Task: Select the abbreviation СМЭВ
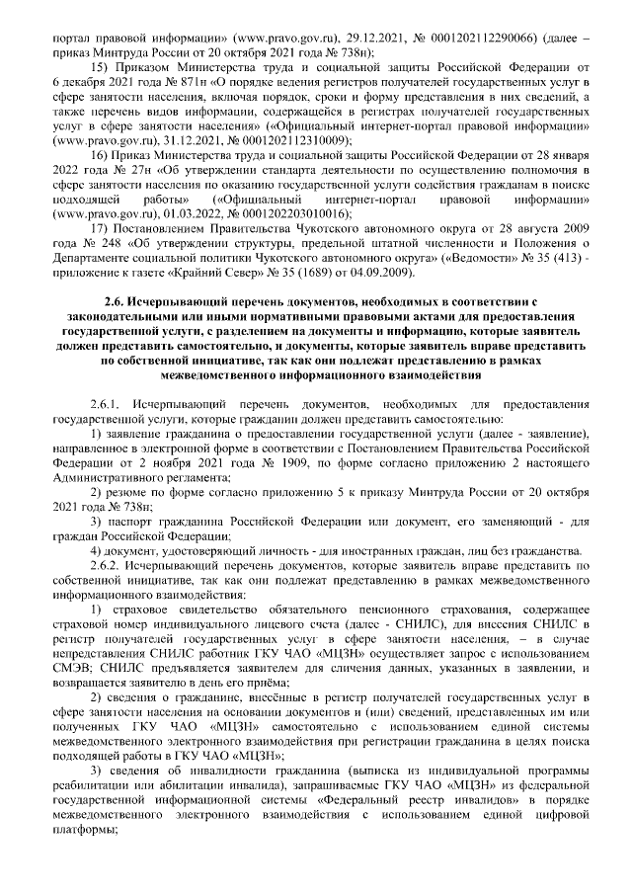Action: (x=71, y=654)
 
